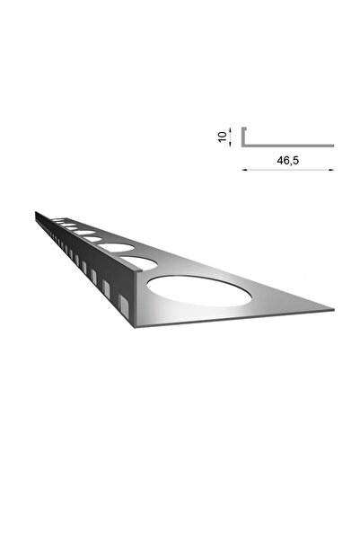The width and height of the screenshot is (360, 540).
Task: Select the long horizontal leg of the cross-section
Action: pyautogui.click(x=287, y=145)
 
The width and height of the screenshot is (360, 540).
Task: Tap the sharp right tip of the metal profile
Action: pyautogui.click(x=332, y=311)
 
